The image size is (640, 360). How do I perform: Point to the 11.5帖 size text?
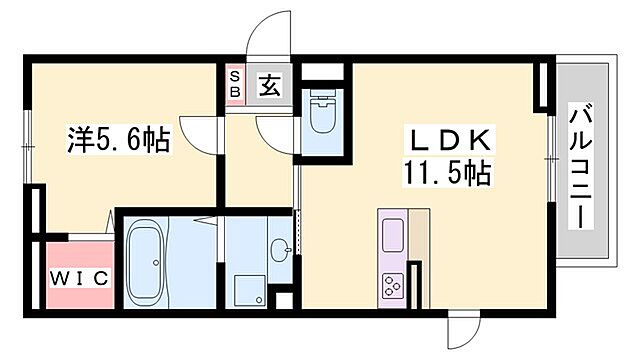coord(447,174)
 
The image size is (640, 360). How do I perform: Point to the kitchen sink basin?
coord(390,237)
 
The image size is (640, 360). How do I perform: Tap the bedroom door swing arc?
coord(204,132)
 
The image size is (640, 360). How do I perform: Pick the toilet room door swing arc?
coord(275,129)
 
